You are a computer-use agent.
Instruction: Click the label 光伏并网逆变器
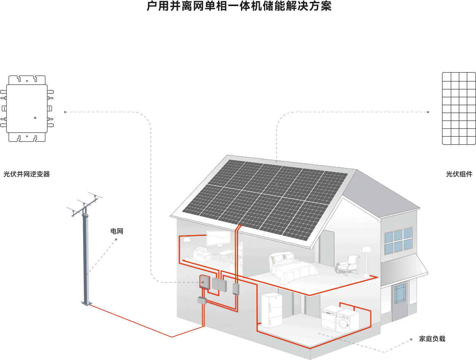click(x=26, y=174)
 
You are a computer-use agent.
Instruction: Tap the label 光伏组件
click(x=459, y=174)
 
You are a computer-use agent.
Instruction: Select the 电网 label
click(x=117, y=231)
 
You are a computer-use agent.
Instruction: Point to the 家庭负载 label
click(x=432, y=339)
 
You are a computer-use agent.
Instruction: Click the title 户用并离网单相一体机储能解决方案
click(x=239, y=6)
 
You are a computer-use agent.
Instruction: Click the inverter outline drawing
click(x=27, y=108)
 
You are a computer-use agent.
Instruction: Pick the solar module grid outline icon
click(x=458, y=108)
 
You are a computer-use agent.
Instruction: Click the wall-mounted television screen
click(x=218, y=239)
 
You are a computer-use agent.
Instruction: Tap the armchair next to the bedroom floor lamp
click(x=347, y=263)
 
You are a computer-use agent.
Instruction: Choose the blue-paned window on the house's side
click(x=398, y=241)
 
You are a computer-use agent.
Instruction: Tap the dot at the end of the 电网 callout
click(x=116, y=239)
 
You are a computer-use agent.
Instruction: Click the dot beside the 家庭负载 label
click(x=411, y=339)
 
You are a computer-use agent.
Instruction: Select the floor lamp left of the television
click(x=187, y=247)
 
